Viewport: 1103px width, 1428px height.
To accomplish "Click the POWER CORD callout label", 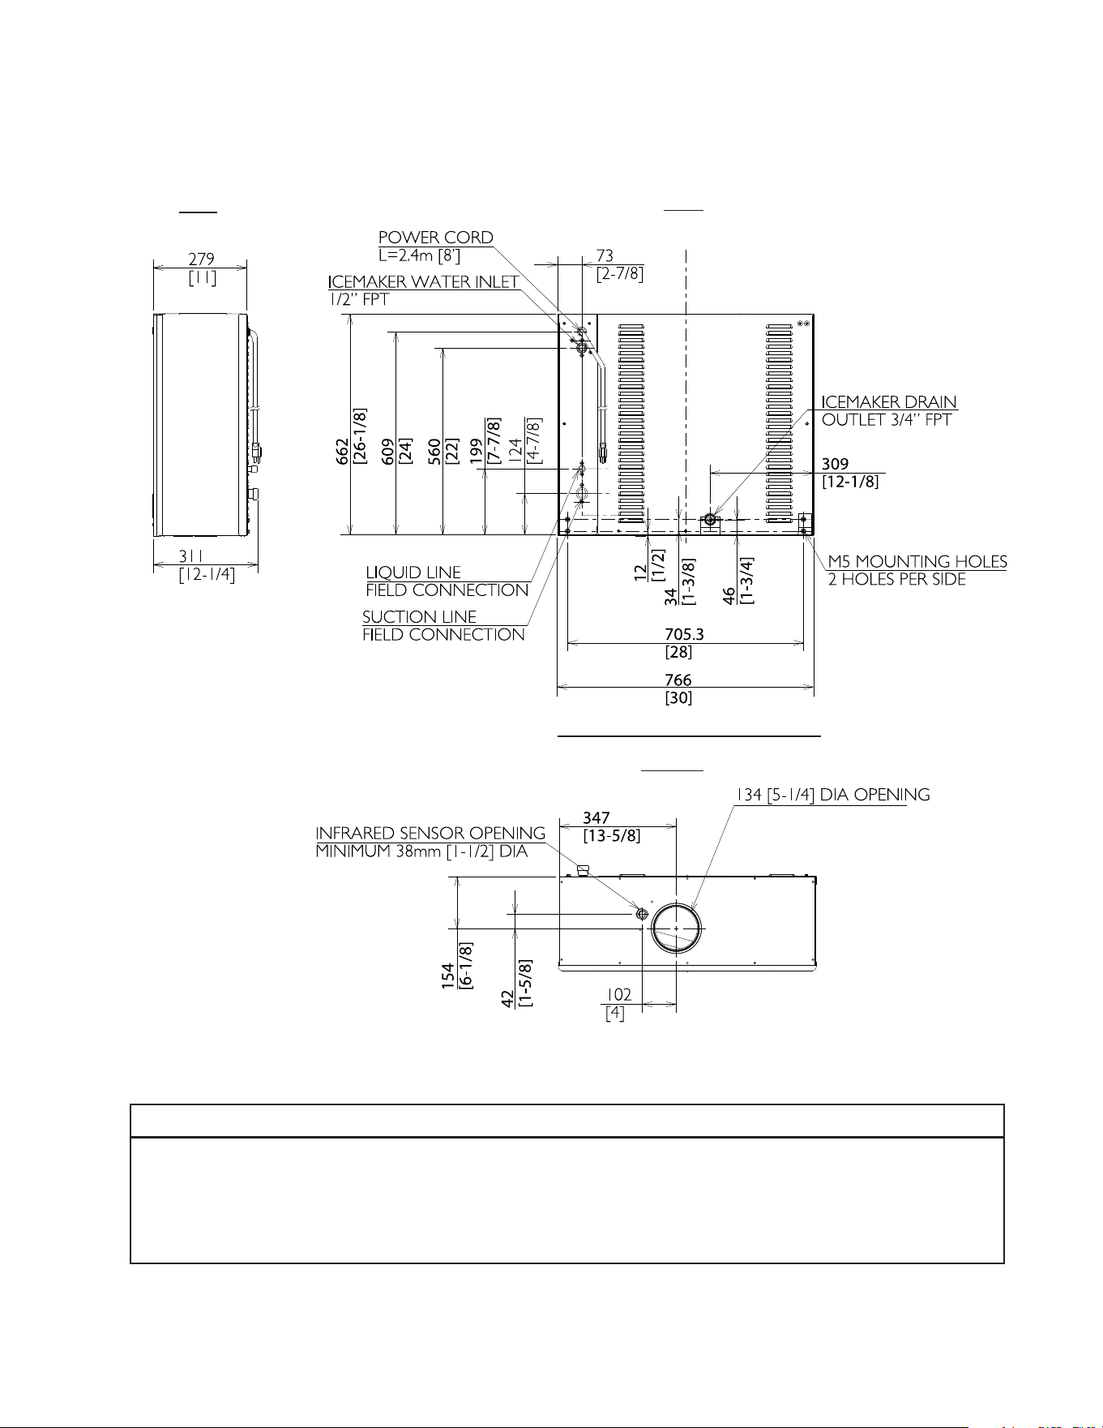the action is [x=436, y=238].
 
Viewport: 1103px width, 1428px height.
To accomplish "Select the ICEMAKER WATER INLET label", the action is [x=424, y=282].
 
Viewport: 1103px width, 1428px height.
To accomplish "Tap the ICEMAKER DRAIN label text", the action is [x=889, y=402].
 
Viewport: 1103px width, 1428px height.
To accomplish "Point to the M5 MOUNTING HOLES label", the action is [x=917, y=561].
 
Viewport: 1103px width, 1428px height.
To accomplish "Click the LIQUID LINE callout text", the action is [x=413, y=572].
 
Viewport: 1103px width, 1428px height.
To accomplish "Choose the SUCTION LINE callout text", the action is [x=419, y=617].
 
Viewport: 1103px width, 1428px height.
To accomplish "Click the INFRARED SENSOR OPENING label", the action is [x=430, y=834].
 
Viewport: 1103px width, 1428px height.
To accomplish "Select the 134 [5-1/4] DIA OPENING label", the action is [x=832, y=795].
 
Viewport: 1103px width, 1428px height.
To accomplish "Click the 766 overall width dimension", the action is [x=678, y=680].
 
